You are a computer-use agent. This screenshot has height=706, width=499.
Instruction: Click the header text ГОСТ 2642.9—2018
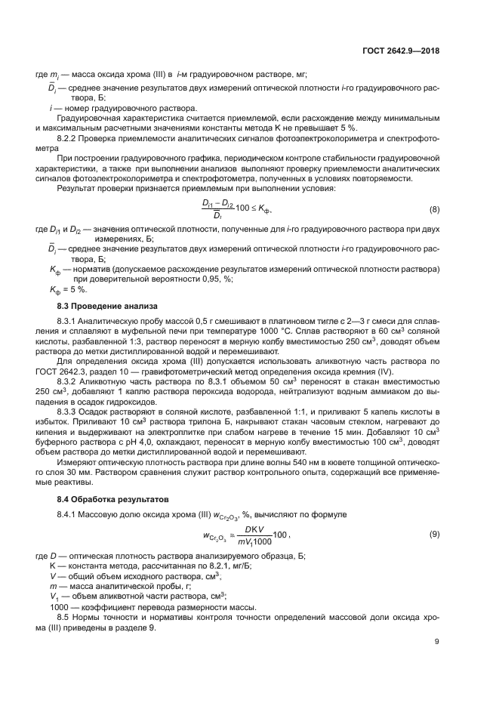400,51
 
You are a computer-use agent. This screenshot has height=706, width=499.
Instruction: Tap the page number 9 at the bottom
437,642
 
